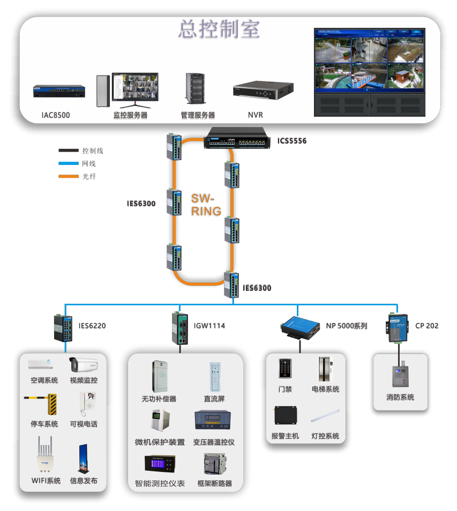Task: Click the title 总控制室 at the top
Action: coord(219,29)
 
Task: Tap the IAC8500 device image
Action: coord(59,92)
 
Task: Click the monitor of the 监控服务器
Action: coord(135,87)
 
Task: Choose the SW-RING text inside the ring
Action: coord(206,205)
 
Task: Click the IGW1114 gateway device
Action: coord(180,328)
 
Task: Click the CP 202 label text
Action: coord(426,326)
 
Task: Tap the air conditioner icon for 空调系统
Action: coord(42,364)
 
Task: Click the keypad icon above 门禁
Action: coord(284,369)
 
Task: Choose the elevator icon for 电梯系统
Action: coord(325,369)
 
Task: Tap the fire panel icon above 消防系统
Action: coord(400,375)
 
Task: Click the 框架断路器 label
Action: coord(214,483)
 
